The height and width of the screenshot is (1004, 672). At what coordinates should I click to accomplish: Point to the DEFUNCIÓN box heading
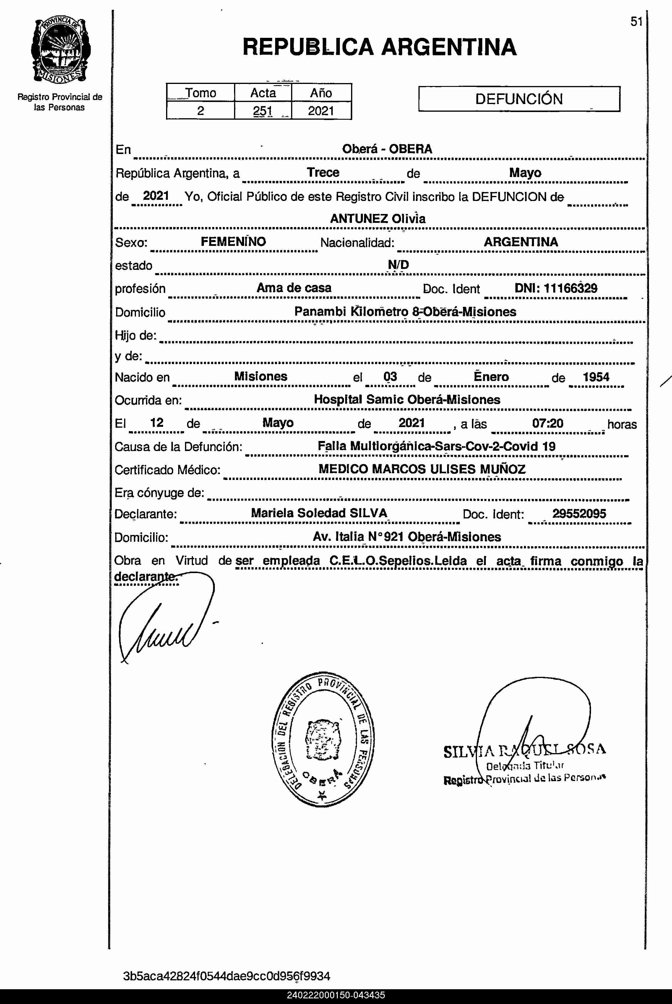tap(519, 99)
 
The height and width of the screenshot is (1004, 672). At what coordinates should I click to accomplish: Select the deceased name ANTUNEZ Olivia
tap(378, 218)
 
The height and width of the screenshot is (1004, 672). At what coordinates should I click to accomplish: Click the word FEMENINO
tap(233, 242)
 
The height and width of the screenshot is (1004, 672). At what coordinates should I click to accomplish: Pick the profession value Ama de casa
tap(294, 288)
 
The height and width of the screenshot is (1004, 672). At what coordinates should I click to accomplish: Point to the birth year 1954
tap(596, 377)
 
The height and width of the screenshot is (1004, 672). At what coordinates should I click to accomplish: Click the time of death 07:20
tap(547, 423)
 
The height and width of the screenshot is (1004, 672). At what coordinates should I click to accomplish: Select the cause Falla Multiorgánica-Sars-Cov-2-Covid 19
tap(436, 446)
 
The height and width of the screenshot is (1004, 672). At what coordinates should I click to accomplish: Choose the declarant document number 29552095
tap(579, 513)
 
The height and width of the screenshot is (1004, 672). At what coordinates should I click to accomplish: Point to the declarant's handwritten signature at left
tap(163, 621)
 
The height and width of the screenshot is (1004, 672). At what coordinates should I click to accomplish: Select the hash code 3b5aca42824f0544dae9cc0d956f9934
tap(226, 976)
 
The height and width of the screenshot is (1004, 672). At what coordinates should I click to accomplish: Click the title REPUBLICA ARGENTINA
tap(379, 47)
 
